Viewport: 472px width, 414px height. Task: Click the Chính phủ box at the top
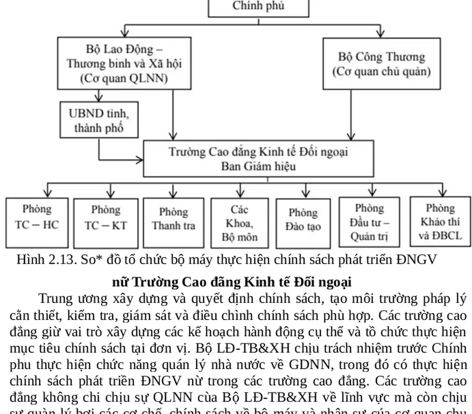[x=258, y=7]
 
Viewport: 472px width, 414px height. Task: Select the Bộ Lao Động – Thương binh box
[x=124, y=63]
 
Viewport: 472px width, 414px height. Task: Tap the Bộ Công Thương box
[x=381, y=64]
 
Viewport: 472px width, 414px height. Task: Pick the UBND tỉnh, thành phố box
[x=99, y=120]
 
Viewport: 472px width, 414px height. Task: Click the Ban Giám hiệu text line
[x=258, y=166]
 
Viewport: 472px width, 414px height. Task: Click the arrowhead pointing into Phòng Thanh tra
[x=174, y=193]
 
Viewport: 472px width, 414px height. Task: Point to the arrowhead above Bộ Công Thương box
[x=381, y=33]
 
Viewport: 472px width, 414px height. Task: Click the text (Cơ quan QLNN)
[x=124, y=78]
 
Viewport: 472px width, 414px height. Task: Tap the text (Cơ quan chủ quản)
[x=381, y=72]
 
